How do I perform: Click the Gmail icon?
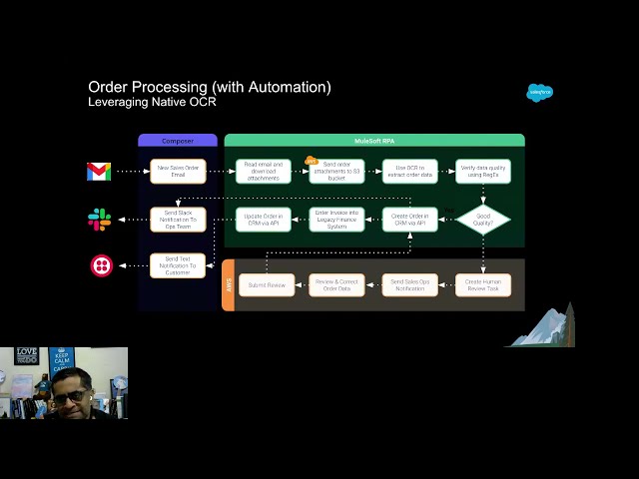click(99, 172)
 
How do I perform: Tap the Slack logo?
click(99, 220)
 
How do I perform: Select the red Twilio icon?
click(101, 265)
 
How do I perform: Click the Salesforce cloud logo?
click(539, 93)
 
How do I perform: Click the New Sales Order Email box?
click(178, 172)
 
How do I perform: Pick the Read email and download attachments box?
click(264, 172)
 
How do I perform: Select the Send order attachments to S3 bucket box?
click(336, 172)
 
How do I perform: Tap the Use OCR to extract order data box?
click(409, 172)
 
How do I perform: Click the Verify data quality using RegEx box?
click(483, 172)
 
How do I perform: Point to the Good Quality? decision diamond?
click(483, 220)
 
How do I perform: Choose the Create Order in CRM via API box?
click(409, 220)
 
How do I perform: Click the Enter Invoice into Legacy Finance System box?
click(336, 220)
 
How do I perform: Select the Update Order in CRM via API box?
click(264, 220)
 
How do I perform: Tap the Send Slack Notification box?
click(178, 220)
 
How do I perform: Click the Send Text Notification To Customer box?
click(178, 265)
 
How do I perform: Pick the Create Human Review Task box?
click(483, 284)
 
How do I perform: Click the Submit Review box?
click(267, 284)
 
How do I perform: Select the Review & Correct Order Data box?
click(336, 284)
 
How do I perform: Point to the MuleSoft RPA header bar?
click(374, 141)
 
